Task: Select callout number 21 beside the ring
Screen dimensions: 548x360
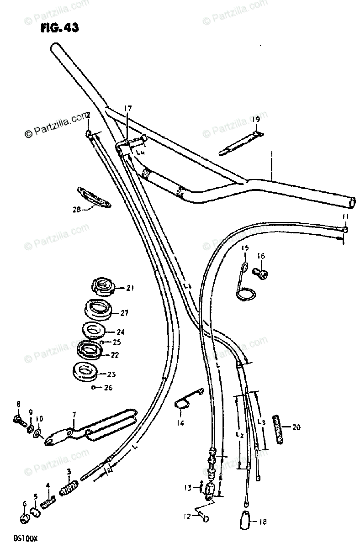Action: [x=130, y=288]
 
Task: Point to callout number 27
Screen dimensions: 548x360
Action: [x=125, y=313]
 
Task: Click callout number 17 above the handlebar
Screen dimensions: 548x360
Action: [x=127, y=109]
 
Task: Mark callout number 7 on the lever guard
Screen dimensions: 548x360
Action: [x=74, y=415]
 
